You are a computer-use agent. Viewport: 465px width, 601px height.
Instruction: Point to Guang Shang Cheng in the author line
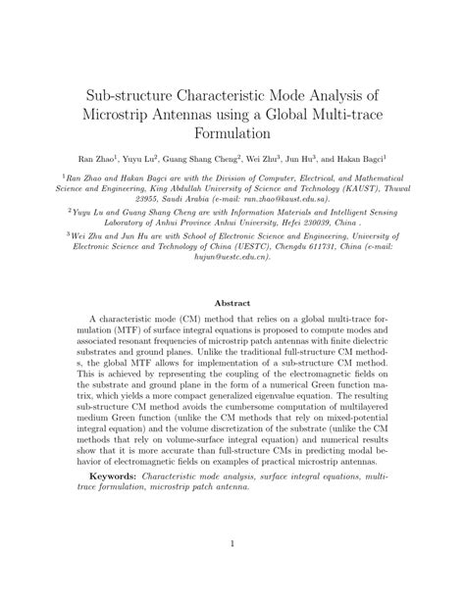(x=203, y=156)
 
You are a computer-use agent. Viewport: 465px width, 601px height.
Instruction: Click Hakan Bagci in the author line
(x=360, y=156)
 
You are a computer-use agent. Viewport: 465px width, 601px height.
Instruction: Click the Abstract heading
(x=232, y=305)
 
